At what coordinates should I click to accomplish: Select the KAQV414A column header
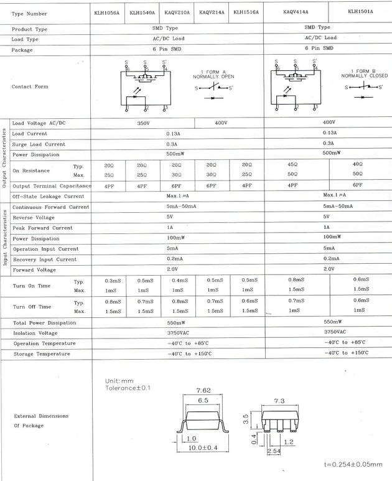pos(296,12)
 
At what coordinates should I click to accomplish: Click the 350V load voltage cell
pos(144,123)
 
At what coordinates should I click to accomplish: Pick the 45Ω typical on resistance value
pos(292,165)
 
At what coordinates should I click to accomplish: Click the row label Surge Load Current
pos(39,144)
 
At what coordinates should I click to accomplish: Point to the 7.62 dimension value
pos(203,391)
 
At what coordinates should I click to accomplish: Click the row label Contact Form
pos(29,86)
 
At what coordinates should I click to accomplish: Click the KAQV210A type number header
pos(177,13)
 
